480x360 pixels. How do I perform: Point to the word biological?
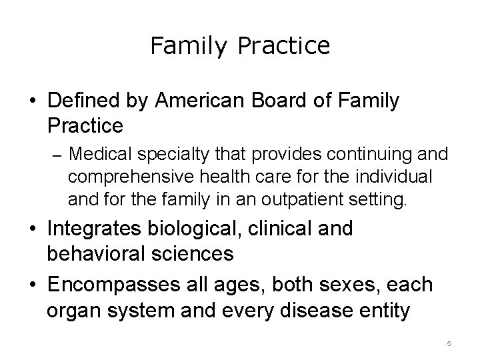(216, 230)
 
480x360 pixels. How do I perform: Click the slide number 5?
(449, 343)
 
